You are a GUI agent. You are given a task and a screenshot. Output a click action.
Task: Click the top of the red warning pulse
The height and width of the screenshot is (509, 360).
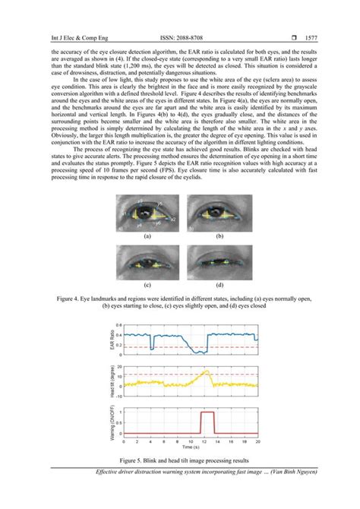click(205, 413)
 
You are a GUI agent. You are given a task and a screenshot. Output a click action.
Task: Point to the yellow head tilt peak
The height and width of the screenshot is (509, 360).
click(205, 370)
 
